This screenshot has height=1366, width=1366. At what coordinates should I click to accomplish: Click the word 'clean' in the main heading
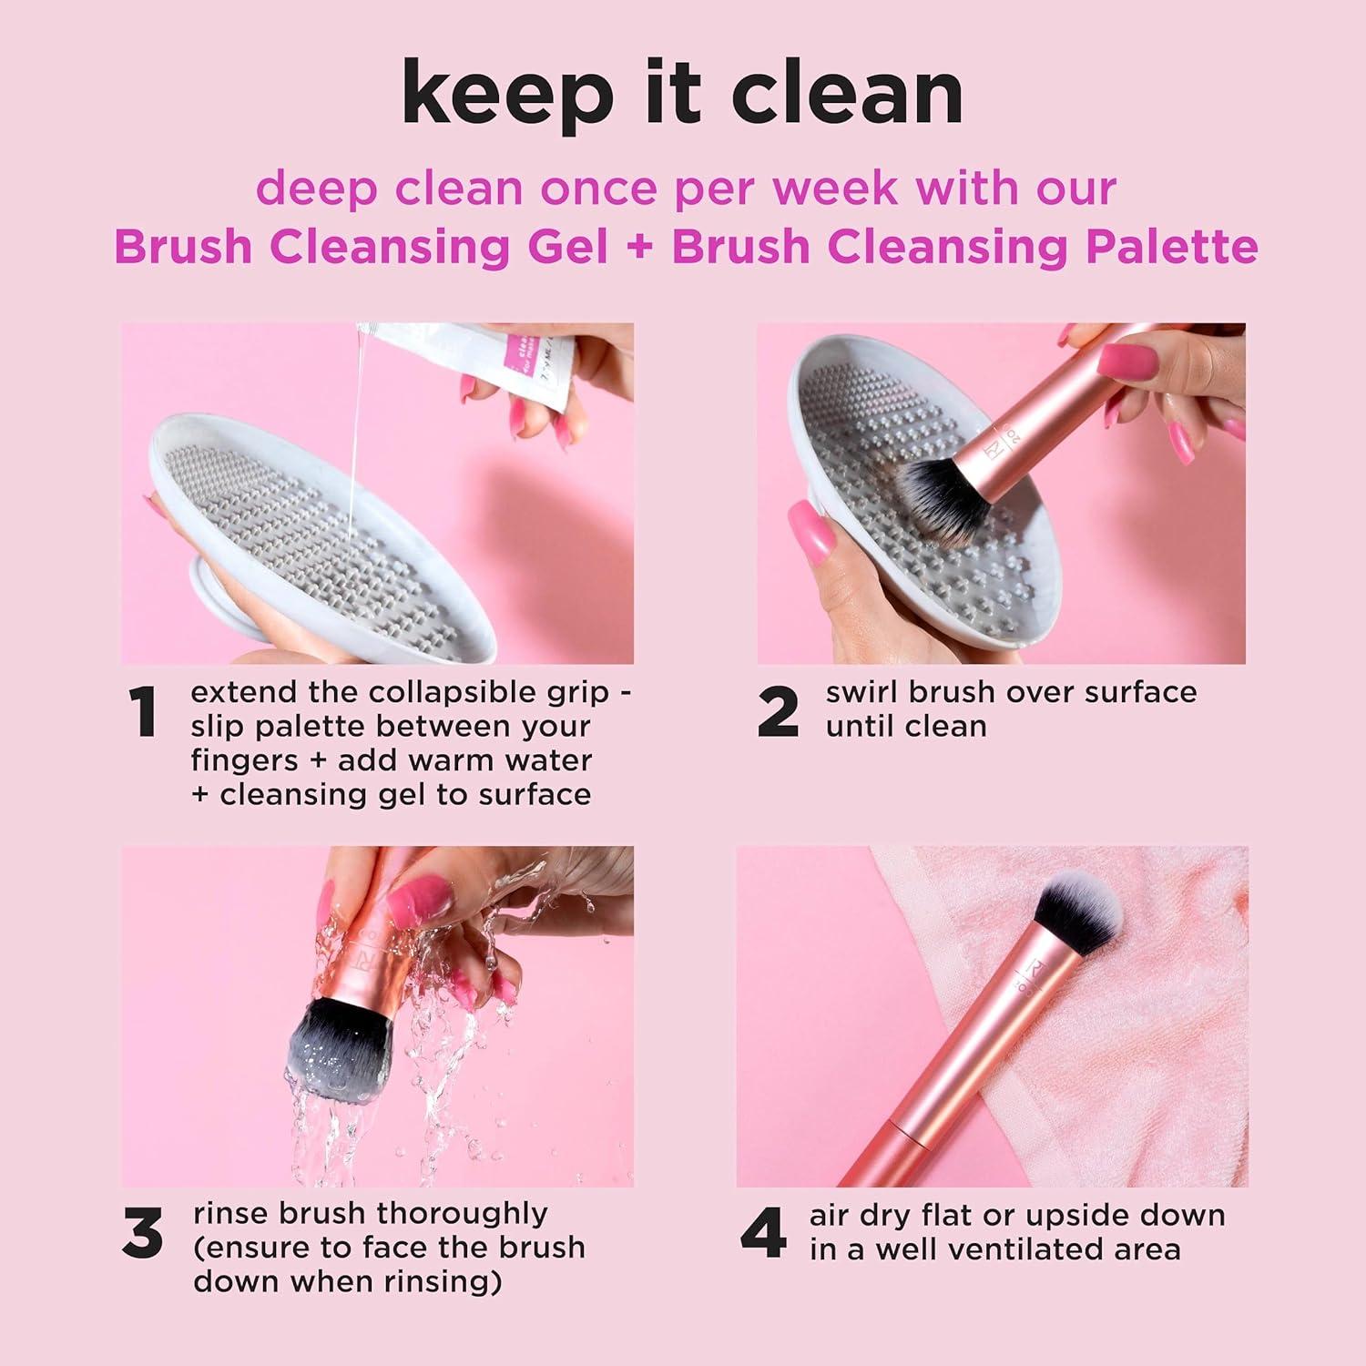847,93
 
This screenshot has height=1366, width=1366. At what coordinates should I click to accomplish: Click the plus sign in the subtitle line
640,248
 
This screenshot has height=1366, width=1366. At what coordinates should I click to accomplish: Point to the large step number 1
143,713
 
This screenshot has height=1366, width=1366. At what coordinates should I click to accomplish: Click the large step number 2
779,713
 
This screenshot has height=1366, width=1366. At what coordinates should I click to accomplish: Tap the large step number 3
143,1234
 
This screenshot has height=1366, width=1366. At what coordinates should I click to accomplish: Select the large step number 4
763,1234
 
